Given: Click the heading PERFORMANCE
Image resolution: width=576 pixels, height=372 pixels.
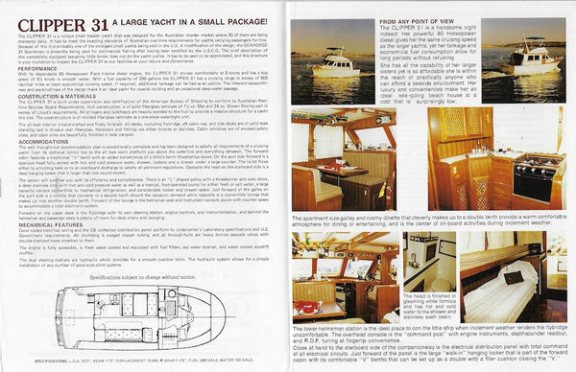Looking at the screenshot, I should click(x=31, y=67).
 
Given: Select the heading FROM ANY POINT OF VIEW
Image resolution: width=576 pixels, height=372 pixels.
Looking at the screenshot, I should click(x=349, y=20).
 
